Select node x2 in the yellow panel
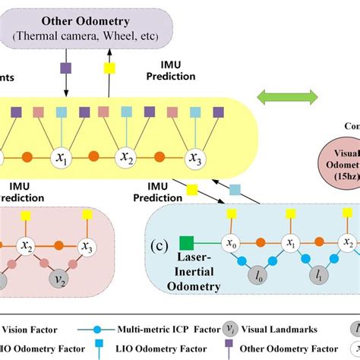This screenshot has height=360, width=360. point(126,158)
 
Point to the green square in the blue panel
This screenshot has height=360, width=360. point(185,243)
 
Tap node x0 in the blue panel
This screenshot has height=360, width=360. point(229,243)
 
